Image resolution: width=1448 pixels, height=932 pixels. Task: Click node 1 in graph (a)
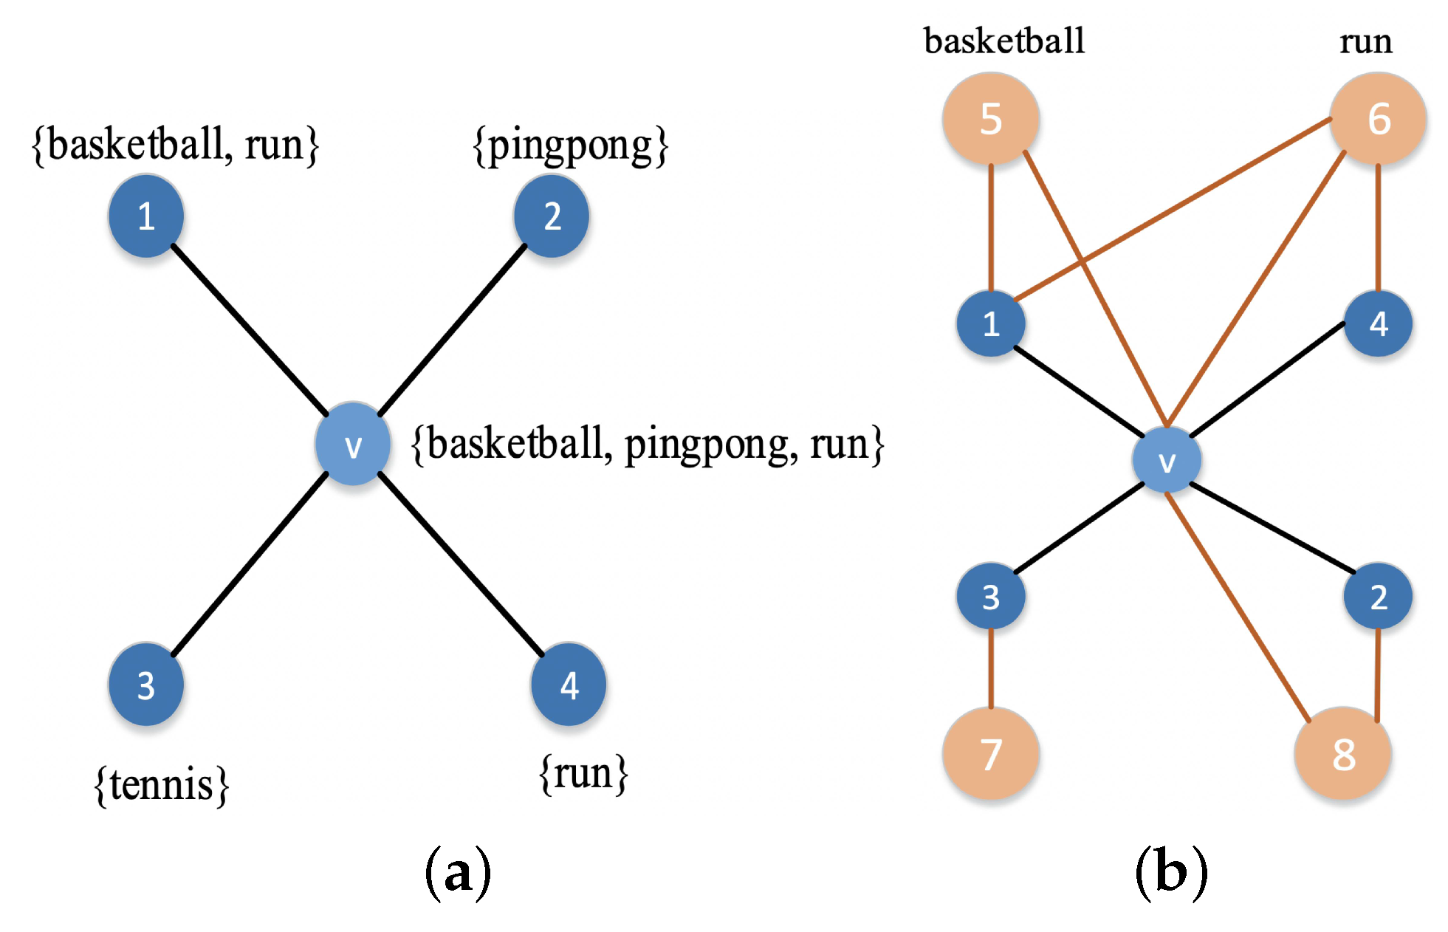[x=146, y=216]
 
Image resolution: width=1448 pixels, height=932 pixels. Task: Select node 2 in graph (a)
[x=552, y=216]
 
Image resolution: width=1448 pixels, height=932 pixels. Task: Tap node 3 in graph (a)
[x=146, y=685]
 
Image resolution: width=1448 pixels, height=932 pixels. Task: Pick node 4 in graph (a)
[x=569, y=685]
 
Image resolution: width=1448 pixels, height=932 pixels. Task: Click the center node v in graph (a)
[x=353, y=445]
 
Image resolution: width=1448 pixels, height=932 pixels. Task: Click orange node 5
[x=991, y=119]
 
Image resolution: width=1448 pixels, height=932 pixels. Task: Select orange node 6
[x=1378, y=119]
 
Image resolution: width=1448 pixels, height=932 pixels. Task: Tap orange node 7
[x=991, y=754]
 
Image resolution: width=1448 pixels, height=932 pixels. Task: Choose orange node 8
[x=1343, y=754]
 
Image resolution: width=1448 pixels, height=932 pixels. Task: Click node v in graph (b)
[x=1167, y=460]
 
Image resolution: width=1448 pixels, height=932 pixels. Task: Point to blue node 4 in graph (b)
[x=1378, y=323]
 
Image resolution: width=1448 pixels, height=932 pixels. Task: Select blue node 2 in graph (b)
[x=1378, y=596]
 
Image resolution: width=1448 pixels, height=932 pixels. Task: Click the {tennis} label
[x=162, y=785]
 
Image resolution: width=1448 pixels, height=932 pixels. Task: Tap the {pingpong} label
[x=570, y=145]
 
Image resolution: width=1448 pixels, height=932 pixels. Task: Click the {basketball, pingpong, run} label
[x=648, y=445]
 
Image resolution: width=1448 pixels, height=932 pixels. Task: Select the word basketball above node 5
[x=1004, y=41]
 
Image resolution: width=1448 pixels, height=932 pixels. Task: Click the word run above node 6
[x=1366, y=41]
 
